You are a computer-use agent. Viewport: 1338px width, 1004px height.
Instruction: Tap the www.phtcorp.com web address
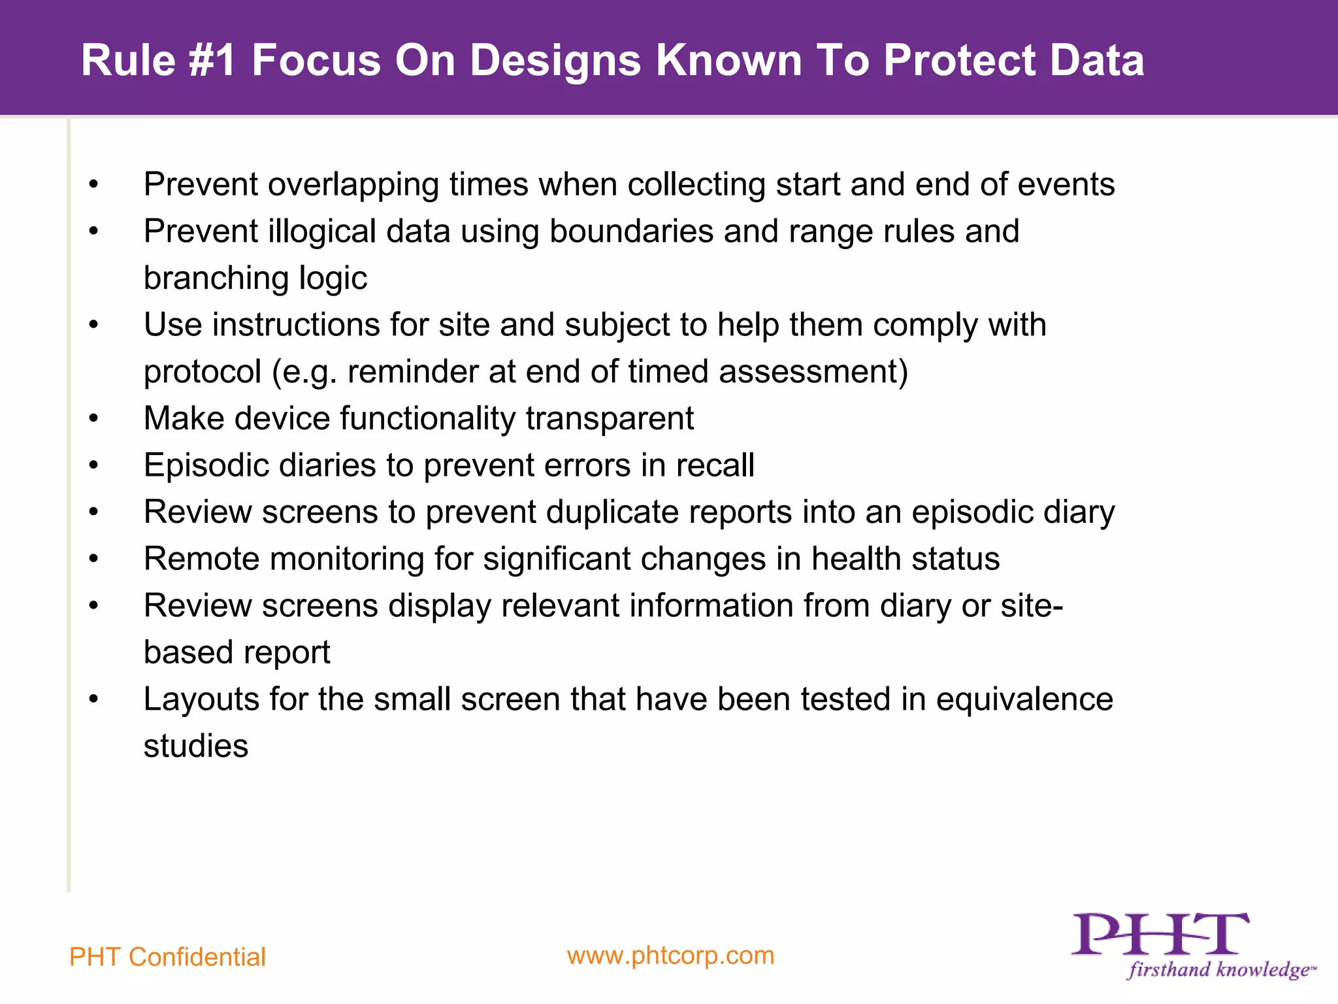(670, 956)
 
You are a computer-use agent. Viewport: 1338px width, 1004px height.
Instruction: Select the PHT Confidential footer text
(167, 957)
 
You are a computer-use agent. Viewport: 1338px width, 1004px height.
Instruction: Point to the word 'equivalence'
(1024, 699)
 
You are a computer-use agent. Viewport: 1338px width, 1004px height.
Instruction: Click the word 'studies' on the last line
(196, 746)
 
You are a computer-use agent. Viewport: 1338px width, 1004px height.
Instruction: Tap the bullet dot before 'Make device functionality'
(94, 418)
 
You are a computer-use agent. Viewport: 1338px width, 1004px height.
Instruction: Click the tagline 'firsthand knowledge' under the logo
(1218, 969)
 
